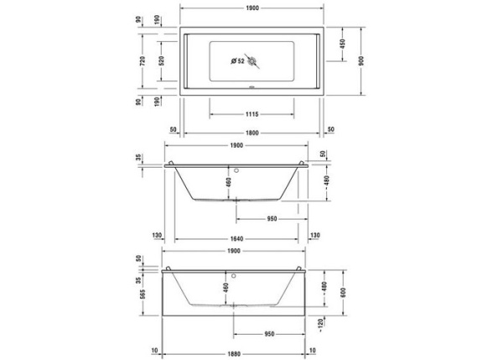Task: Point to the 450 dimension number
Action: [x=343, y=44]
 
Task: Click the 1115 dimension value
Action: [x=251, y=113]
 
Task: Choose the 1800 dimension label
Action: [x=252, y=131]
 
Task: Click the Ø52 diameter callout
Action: [x=237, y=61]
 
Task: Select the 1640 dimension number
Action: [x=240, y=236]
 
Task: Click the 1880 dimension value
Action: [x=238, y=349]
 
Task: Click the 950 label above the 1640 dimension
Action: [x=272, y=218]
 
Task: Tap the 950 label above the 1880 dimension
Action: [x=269, y=332]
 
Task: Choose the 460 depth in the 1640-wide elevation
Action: [x=227, y=182]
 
